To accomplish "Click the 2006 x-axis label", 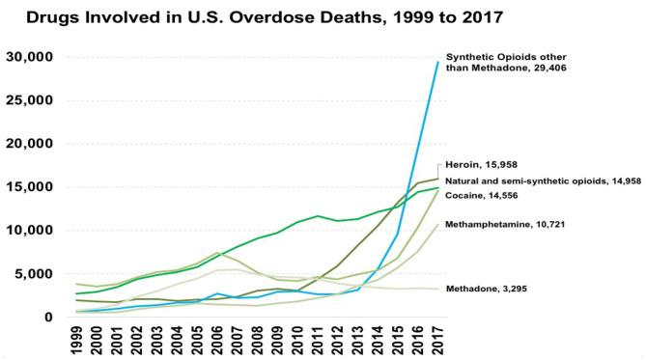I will click(x=218, y=341).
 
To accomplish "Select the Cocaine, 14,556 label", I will click(x=491, y=195).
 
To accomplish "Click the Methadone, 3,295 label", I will click(x=495, y=289).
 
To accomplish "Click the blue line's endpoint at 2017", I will click(x=438, y=63).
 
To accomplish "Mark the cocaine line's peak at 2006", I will click(x=218, y=253).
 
